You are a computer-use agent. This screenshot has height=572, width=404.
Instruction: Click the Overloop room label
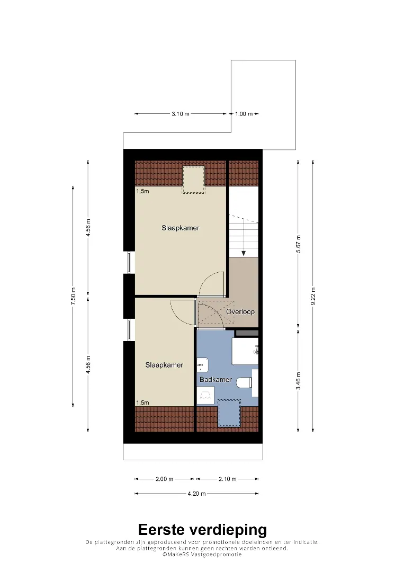(240, 311)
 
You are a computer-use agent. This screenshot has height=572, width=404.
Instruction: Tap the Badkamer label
(216, 379)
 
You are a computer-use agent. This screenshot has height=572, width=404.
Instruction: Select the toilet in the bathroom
(244, 383)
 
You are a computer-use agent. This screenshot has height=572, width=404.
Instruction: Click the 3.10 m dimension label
(181, 114)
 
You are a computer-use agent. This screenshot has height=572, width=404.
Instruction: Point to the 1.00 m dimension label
(244, 114)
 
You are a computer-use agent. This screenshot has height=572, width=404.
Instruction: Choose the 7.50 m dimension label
(73, 296)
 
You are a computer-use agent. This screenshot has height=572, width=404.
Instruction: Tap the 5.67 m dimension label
(298, 244)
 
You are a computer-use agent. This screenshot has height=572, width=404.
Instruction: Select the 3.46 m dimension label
(298, 381)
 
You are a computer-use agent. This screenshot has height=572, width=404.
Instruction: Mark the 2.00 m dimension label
(165, 479)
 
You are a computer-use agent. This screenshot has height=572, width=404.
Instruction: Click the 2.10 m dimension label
(228, 479)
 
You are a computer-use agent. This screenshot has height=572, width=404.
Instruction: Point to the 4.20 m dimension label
(197, 494)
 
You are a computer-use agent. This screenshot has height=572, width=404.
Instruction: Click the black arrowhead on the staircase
(244, 254)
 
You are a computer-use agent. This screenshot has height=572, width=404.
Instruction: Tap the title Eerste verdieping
(202, 530)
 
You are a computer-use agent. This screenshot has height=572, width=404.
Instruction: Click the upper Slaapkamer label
(181, 228)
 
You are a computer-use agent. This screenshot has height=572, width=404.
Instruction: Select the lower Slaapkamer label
(164, 365)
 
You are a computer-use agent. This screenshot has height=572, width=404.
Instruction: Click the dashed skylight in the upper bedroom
(193, 180)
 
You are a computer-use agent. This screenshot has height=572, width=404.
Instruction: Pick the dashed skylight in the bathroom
(229, 413)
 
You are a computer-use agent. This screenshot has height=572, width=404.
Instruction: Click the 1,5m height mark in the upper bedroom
(142, 191)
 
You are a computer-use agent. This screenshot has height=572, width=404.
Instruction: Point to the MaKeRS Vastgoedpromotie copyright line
(202, 555)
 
